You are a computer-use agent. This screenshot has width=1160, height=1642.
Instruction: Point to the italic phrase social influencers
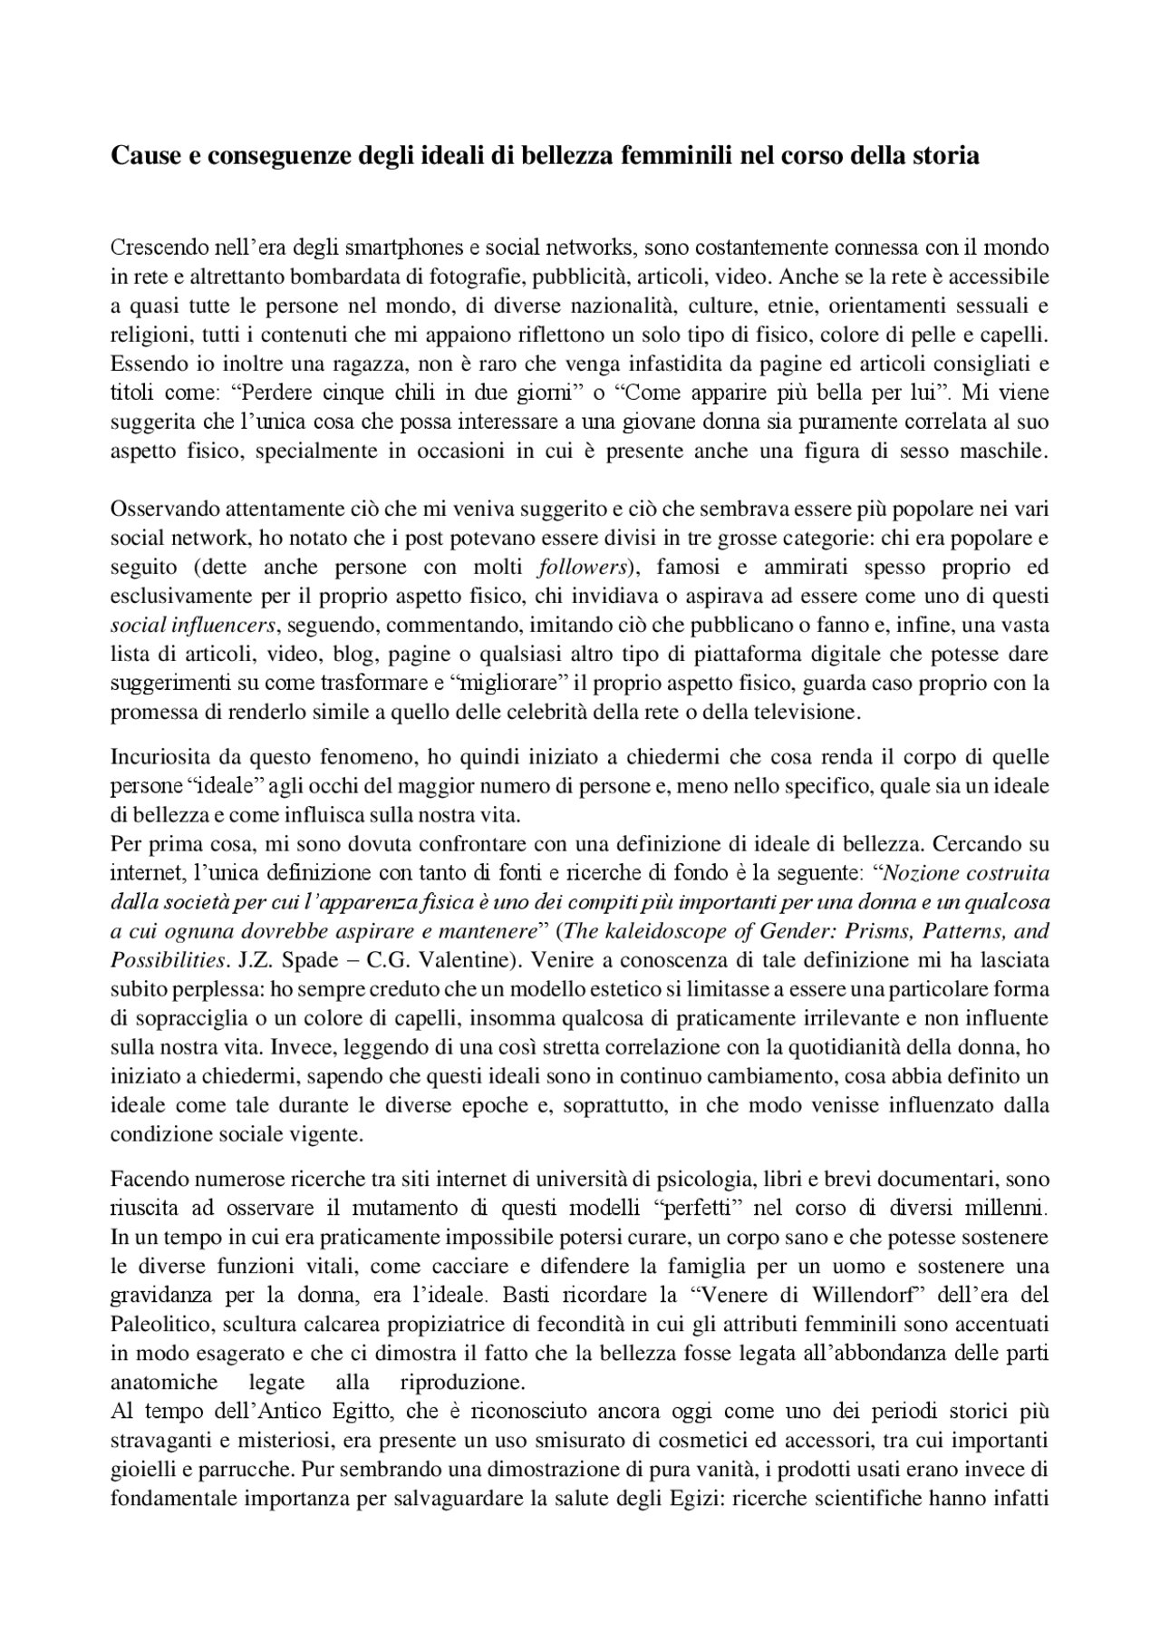[x=193, y=627]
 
